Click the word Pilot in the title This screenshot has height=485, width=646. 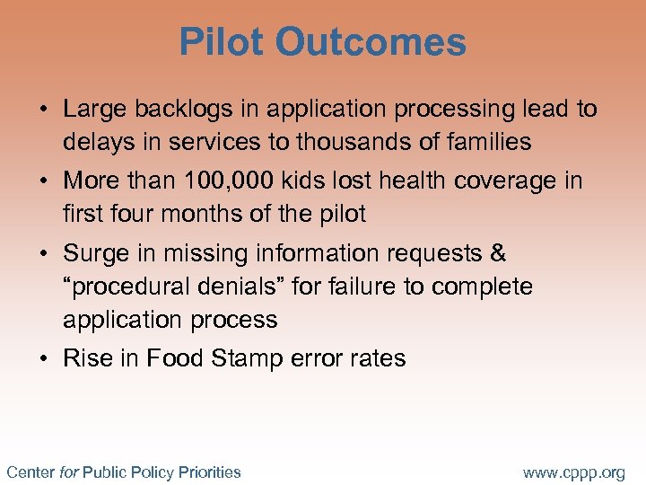tap(221, 42)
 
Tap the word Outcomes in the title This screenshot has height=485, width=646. tap(371, 42)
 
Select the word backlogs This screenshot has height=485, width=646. tap(172, 110)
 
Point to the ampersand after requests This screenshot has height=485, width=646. tap(498, 254)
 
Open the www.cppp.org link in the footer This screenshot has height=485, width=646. tap(573, 472)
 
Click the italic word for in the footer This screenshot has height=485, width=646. tap(69, 472)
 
